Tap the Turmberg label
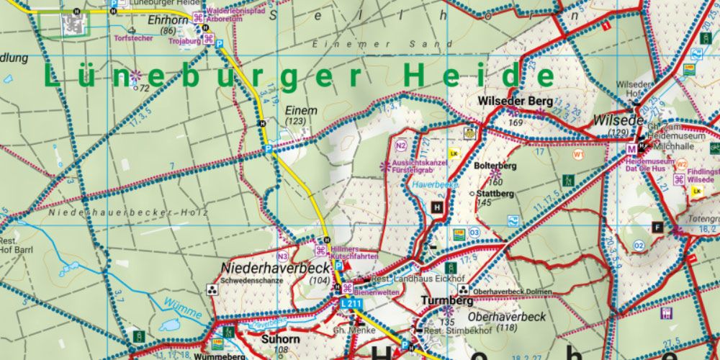(x=447, y=300)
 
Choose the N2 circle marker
(x=401, y=146)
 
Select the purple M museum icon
(x=631, y=149)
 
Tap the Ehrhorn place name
(x=162, y=21)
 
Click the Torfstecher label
(x=133, y=38)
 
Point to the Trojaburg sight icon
(x=208, y=38)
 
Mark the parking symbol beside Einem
(x=268, y=149)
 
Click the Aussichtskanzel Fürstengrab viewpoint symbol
(x=385, y=166)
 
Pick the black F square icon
(x=657, y=227)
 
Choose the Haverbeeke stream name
(x=436, y=185)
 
